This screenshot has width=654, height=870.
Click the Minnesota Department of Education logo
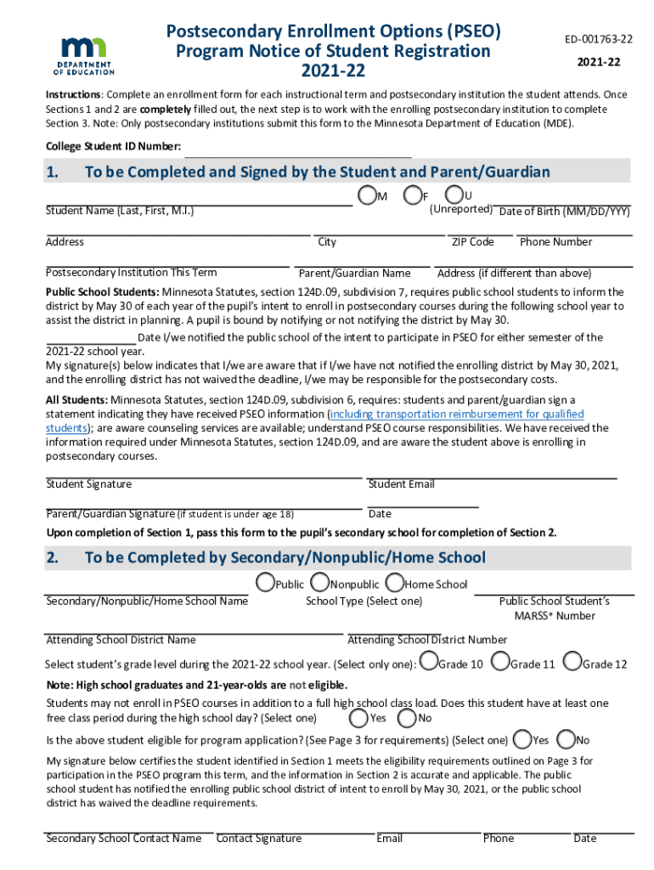pyautogui.click(x=85, y=56)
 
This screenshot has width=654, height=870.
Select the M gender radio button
pyautogui.click(x=367, y=196)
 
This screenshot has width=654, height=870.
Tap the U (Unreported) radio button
pyautogui.click(x=455, y=196)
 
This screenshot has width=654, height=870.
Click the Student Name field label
pyautogui.click(x=120, y=211)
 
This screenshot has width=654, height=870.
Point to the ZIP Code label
pyautogui.click(x=472, y=242)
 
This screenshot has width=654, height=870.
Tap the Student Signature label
pyautogui.click(x=88, y=484)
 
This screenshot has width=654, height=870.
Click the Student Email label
pyautogui.click(x=401, y=484)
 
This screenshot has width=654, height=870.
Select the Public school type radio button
pyautogui.click(x=265, y=584)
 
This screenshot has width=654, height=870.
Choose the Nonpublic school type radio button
pyautogui.click(x=320, y=584)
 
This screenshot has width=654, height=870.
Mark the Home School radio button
pyautogui.click(x=394, y=584)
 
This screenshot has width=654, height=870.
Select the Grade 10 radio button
pyautogui.click(x=429, y=662)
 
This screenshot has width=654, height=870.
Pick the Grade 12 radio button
pyautogui.click(x=572, y=662)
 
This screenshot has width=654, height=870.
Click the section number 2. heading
pyautogui.click(x=53, y=558)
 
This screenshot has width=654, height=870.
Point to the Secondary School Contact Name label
pyautogui.click(x=123, y=839)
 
